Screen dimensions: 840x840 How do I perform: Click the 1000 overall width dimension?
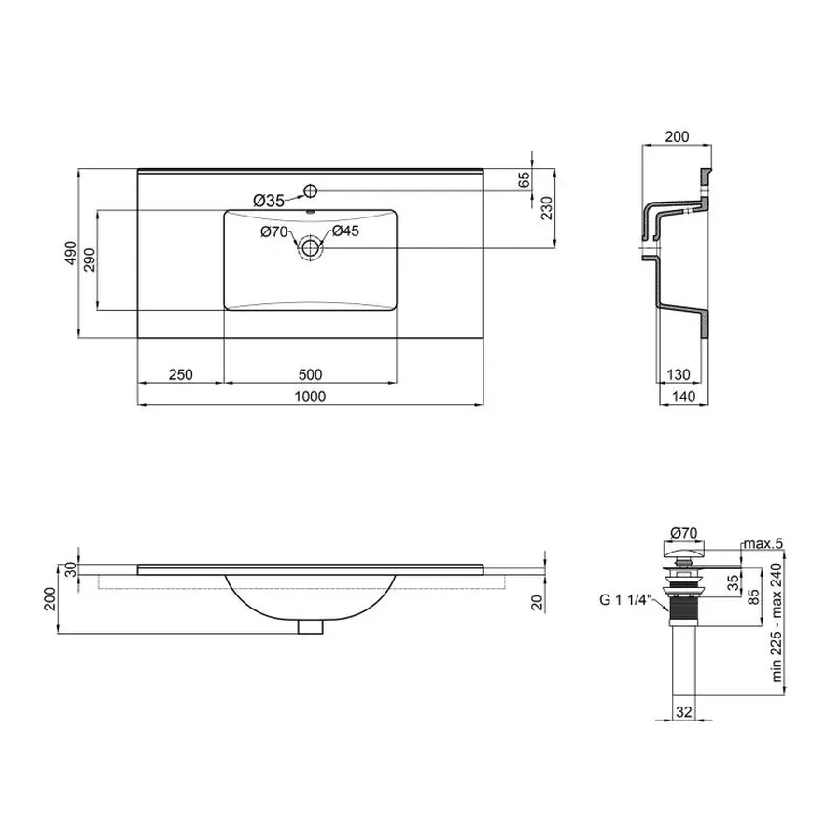[x=310, y=397]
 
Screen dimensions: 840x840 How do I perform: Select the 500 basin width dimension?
[x=311, y=374]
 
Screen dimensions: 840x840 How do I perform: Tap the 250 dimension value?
[x=180, y=374]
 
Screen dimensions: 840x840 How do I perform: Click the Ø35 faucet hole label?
[x=269, y=200]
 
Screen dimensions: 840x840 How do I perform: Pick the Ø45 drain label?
[x=345, y=231]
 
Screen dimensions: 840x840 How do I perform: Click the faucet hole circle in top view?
[x=311, y=192]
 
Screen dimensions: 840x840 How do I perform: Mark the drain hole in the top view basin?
[x=310, y=247]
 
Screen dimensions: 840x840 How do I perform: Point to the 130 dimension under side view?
[x=679, y=374]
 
